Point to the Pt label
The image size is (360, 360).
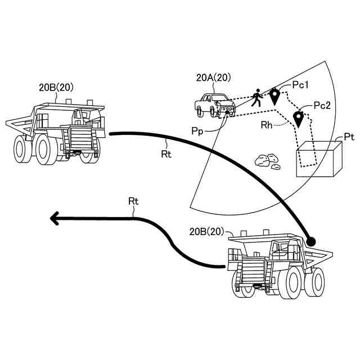coord(349,137)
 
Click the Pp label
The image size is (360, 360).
coord(197,130)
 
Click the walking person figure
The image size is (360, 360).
coord(256,97)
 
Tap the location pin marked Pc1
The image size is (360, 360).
coord(274,96)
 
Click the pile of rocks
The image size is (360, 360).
coord(266,161)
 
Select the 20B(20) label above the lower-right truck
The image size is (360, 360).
coord(206,231)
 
